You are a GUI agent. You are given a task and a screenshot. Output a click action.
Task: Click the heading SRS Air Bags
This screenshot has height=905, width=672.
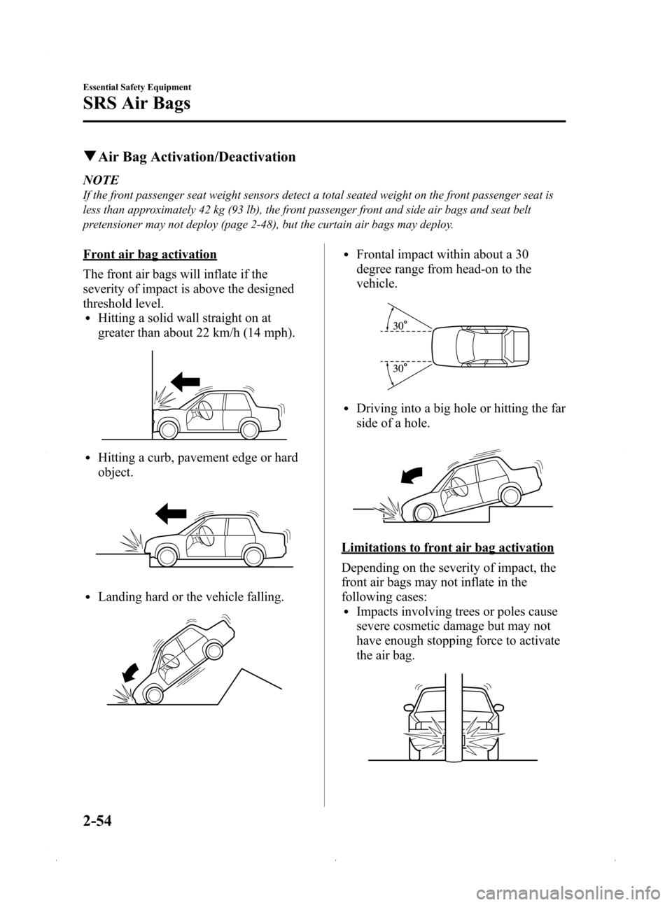coord(136,106)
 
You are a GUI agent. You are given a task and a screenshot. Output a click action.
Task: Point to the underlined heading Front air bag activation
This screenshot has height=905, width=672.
coord(149,253)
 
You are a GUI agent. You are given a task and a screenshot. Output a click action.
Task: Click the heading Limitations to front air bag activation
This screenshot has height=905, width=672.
coord(447,547)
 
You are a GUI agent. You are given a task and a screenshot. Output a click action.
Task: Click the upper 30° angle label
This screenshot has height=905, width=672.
coord(399,325)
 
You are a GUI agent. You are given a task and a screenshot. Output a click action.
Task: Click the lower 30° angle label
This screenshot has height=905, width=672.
coord(399,368)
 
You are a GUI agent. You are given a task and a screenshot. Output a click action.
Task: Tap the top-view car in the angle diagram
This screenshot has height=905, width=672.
coord(483,346)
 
